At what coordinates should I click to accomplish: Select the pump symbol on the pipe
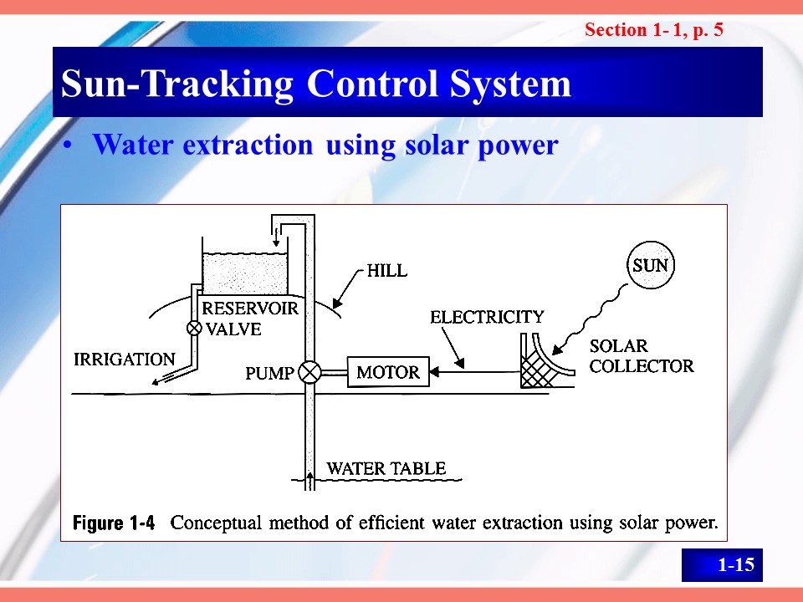pos(309,372)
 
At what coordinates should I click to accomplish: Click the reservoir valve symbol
pos(194,328)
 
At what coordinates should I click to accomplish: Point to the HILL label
pos(387,270)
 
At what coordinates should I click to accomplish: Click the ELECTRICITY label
pos(487,317)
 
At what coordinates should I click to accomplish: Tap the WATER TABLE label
pos(386,468)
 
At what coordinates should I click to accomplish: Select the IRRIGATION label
pos(125,360)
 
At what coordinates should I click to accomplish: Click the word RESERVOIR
pos(250,309)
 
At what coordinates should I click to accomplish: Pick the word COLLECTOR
pos(642,366)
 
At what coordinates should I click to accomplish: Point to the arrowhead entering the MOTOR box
pos(434,372)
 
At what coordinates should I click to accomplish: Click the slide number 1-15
pos(736,564)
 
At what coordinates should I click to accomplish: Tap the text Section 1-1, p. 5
pos(654,30)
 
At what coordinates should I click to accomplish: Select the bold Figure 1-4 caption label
pos(113,523)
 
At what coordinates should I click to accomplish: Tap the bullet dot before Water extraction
pos(67,145)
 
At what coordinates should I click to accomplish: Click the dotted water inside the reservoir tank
pos(245,274)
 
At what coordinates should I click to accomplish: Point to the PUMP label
pos(269,373)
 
